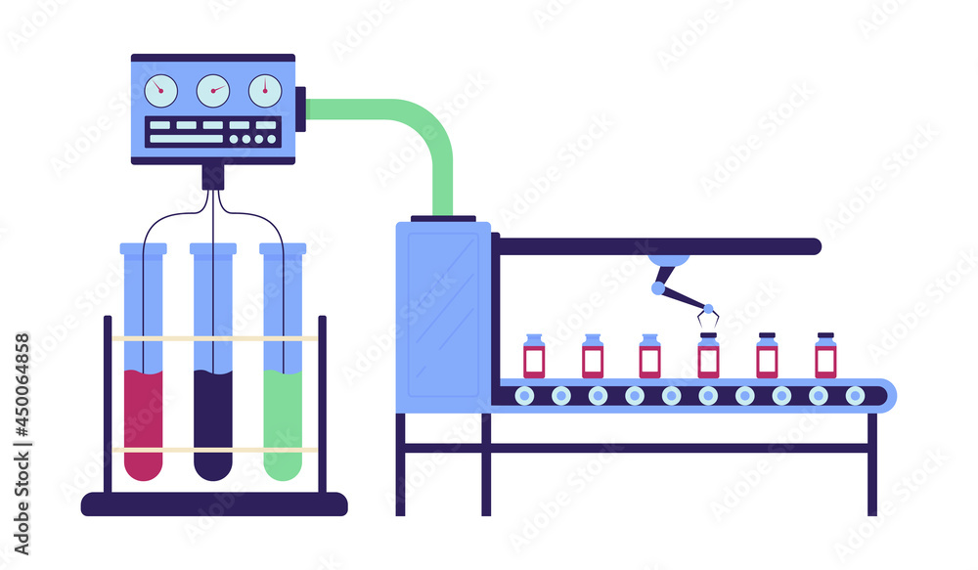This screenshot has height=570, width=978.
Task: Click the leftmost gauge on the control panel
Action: point(161,91)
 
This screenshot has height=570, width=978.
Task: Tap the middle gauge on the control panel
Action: point(213,91)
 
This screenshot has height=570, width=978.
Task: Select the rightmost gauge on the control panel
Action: point(265,91)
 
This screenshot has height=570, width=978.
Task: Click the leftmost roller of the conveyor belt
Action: point(525,395)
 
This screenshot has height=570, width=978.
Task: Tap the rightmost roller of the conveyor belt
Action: point(855,395)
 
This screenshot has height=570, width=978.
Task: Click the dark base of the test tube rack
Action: point(213,504)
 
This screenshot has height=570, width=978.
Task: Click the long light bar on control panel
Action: point(186,139)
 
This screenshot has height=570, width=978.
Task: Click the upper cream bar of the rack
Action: point(213,338)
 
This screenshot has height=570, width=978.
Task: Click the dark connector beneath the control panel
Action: point(213,177)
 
